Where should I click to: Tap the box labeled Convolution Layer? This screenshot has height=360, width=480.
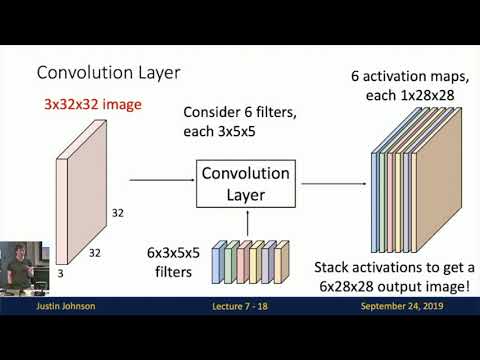click(245, 182)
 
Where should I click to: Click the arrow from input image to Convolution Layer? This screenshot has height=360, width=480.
click(160, 181)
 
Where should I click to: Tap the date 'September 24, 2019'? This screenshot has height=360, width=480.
click(407, 306)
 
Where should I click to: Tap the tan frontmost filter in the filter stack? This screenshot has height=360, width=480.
click(282, 262)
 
